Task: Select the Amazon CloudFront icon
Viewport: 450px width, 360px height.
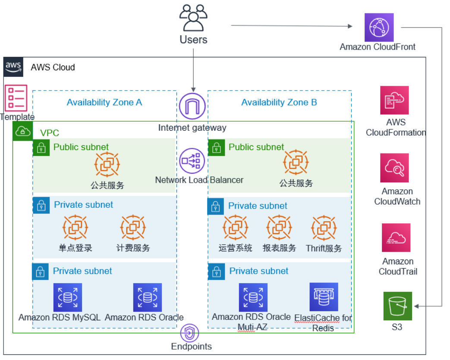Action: pos(379,27)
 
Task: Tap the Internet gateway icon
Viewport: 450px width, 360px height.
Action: pos(192,106)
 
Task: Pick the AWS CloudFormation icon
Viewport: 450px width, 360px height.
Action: pos(394,100)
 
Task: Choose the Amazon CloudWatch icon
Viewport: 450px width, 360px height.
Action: pos(394,168)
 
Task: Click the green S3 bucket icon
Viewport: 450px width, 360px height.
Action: pos(398,306)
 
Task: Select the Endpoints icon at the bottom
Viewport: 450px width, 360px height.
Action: pos(189,333)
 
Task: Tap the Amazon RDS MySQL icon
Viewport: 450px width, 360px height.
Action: pos(67,297)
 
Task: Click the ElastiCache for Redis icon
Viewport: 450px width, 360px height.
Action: pos(324,297)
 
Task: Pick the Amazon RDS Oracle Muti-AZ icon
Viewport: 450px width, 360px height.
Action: pos(253,297)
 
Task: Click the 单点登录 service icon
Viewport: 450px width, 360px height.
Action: pos(76,227)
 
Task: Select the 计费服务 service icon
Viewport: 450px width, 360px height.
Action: pos(133,227)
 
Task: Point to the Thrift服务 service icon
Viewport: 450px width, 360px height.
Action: pos(324,228)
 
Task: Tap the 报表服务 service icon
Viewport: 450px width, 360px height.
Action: pos(279,227)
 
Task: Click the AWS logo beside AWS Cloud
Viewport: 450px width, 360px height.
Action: pos(13,67)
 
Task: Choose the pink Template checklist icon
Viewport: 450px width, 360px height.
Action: pos(16,98)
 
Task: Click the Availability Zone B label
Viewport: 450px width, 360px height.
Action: pos(279,102)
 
